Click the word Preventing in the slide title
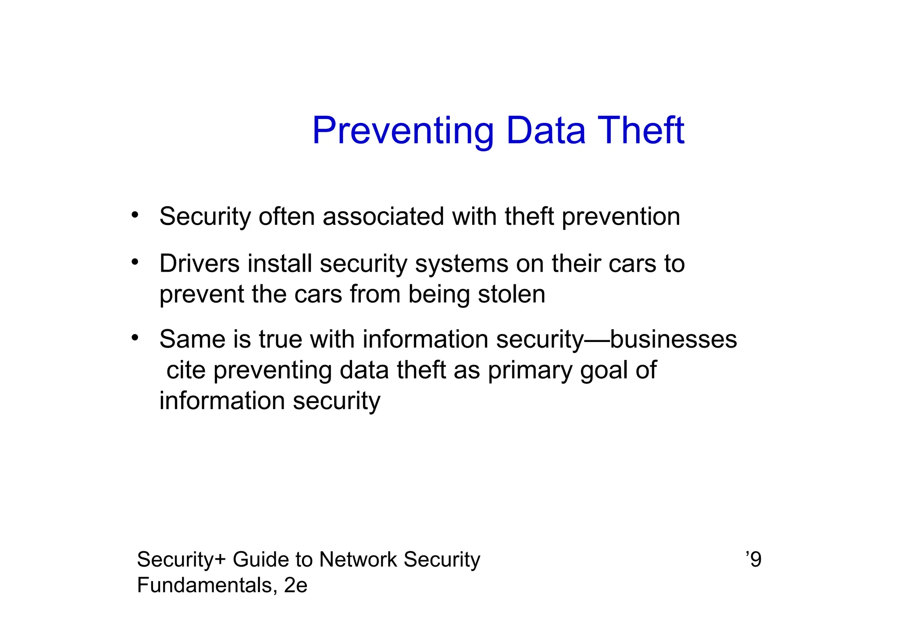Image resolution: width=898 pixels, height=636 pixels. pos(403,131)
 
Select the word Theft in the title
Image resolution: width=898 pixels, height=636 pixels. pos(641,131)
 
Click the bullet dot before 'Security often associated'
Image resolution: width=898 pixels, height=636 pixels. pos(135,215)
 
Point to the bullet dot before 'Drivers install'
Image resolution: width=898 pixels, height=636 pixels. pos(135,262)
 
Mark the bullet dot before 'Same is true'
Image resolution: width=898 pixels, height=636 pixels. pos(135,338)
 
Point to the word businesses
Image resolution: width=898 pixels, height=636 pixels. pos(673,339)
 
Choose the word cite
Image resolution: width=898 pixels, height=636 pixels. pos(186,370)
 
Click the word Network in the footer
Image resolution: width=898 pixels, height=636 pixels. pos(357,560)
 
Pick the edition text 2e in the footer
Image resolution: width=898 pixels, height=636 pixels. pos(296,585)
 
